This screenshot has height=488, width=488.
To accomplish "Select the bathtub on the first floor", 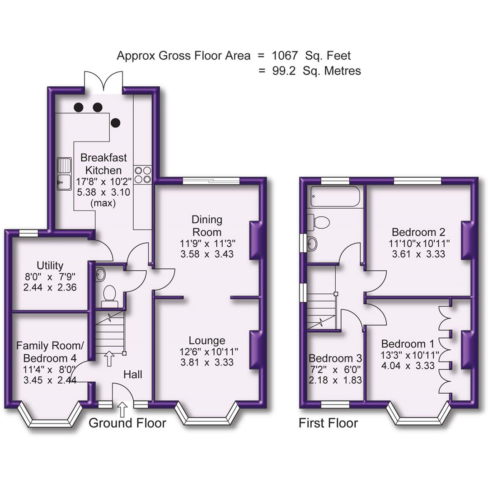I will tap(335, 197).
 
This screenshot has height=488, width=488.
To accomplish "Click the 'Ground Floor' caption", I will tap(127, 423).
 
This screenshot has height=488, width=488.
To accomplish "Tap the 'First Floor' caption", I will tap(328, 423).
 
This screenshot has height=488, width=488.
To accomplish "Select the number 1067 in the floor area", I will tap(285, 56).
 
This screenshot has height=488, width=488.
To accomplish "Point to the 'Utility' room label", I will tap(50, 266).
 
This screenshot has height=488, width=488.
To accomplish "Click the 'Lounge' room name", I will tap(207, 341).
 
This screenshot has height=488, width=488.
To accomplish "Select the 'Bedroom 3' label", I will tap(335, 358).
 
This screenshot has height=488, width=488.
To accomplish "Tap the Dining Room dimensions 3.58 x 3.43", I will tap(207, 254).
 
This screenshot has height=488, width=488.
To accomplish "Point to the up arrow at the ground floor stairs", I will tap(109, 359).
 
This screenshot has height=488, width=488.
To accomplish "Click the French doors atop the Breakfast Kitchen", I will tap(103, 82).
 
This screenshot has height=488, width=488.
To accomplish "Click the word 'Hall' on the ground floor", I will tap(133, 374).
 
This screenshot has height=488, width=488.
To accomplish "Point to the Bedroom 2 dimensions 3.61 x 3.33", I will tap(418, 254).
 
